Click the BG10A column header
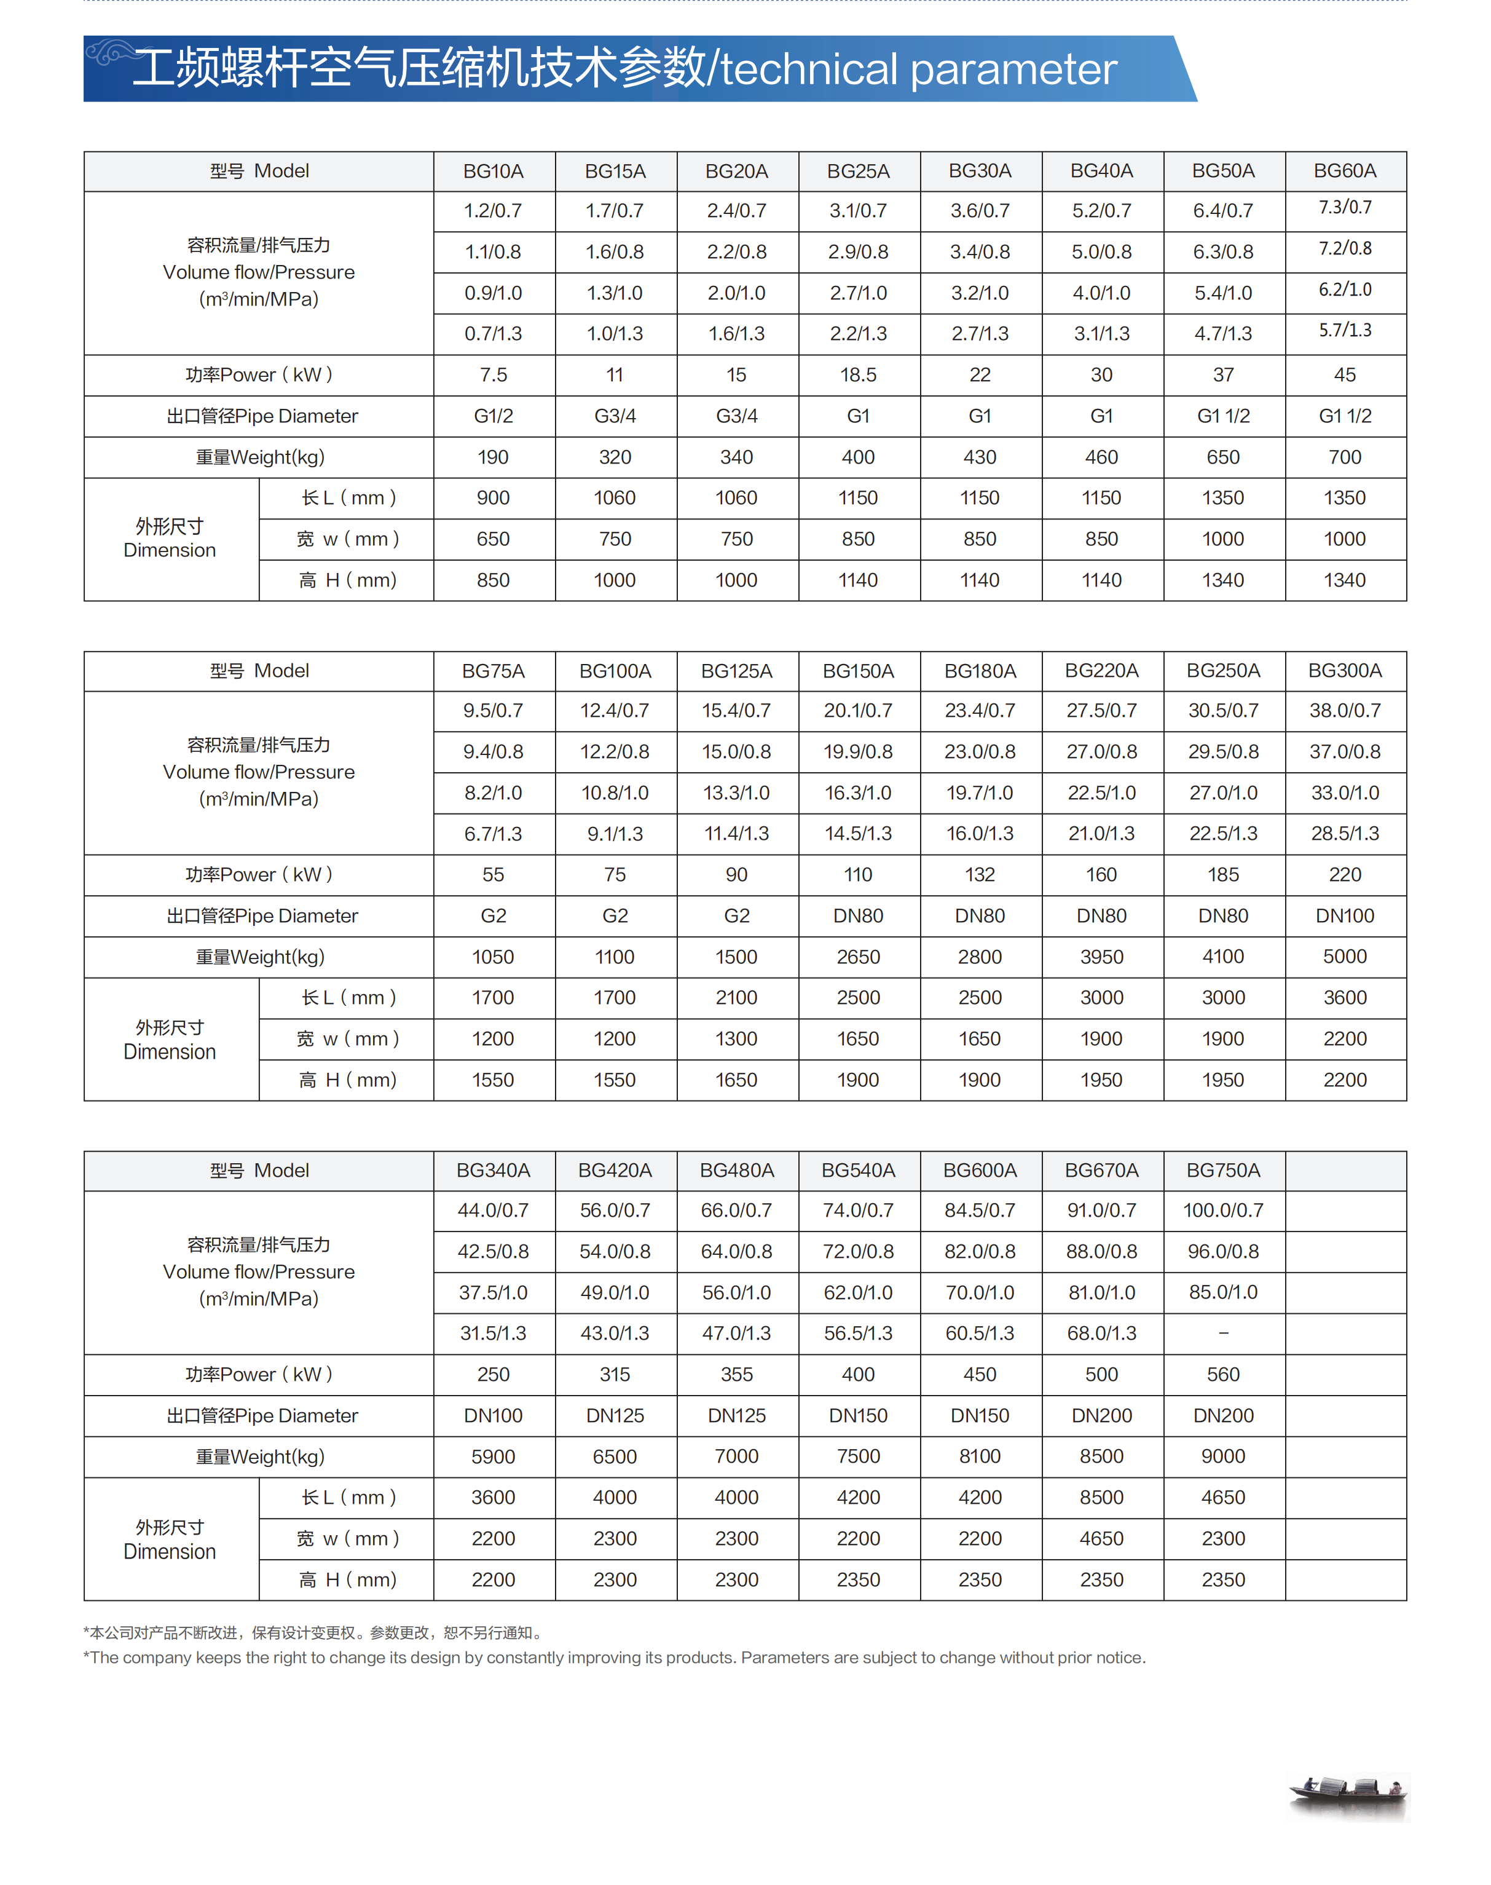coord(494,171)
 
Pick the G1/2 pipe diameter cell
coord(494,416)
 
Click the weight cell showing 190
coord(494,457)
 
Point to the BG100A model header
coord(615,671)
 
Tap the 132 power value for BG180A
coord(980,875)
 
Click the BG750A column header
coord(1223,1170)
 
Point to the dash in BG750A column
coord(1223,1333)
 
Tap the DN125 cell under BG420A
coord(615,1415)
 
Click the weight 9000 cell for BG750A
coord(1223,1456)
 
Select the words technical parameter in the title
coord(918,70)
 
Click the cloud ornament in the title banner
coord(109,52)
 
